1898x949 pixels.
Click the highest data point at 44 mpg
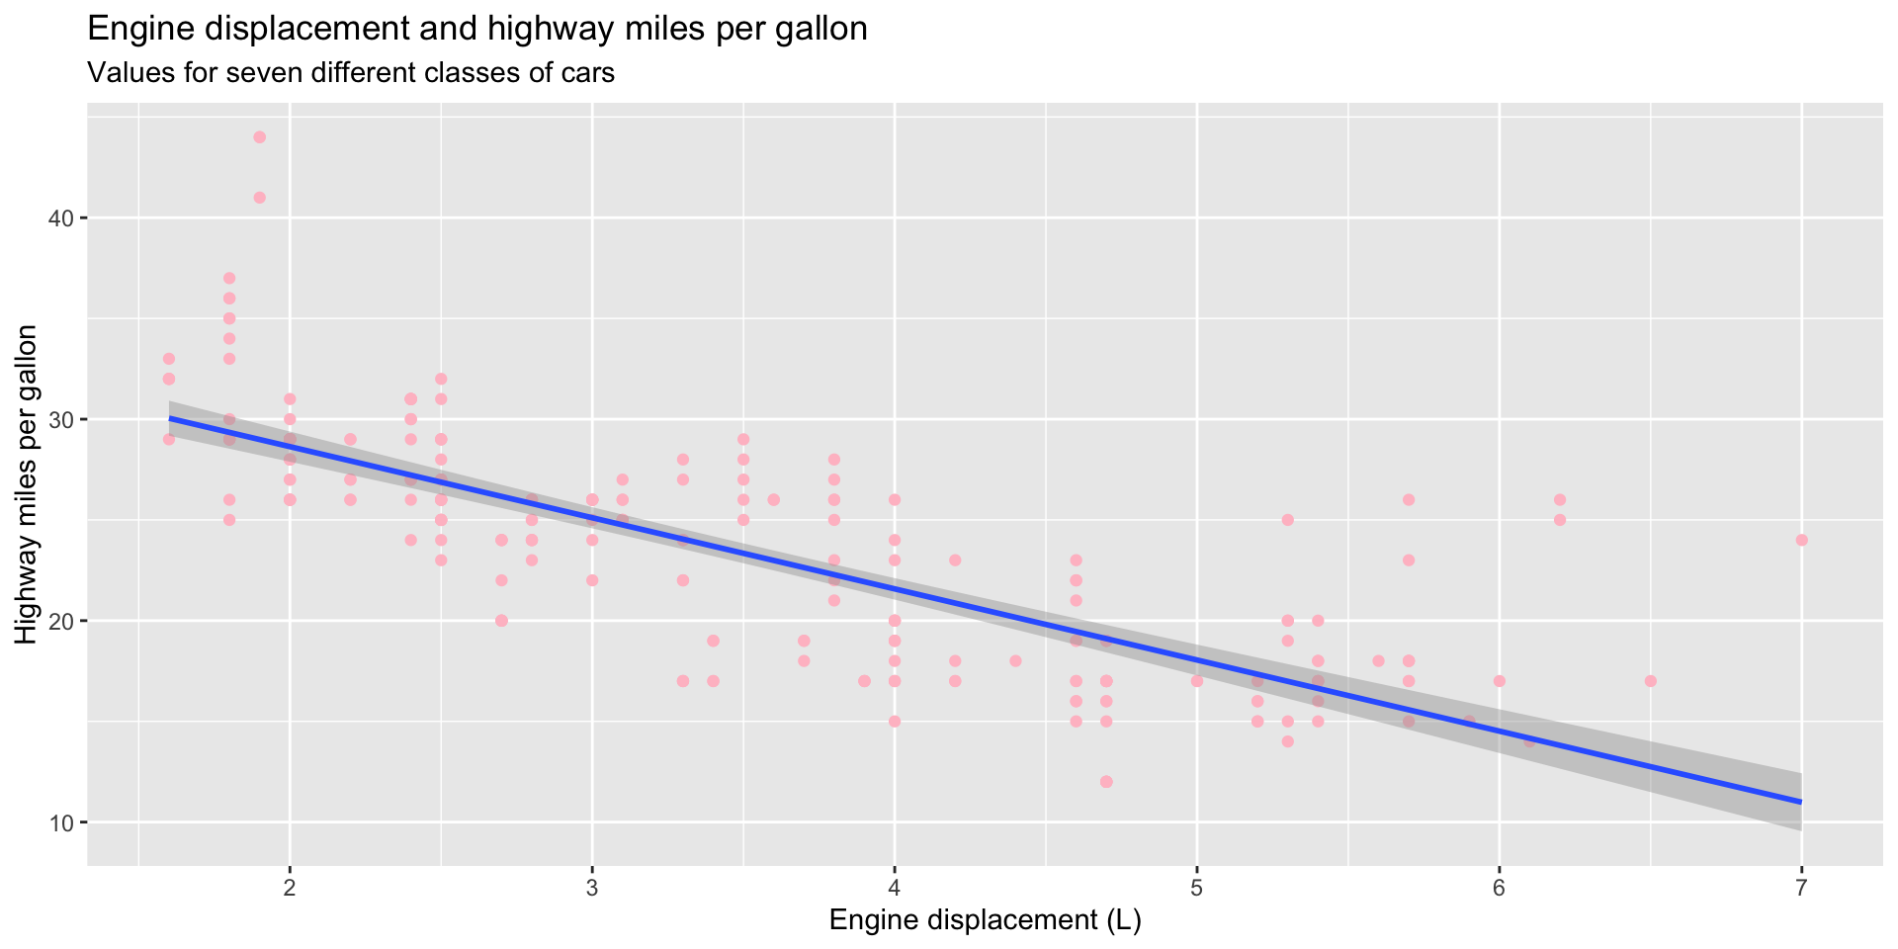[259, 137]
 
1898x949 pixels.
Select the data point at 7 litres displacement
[1801, 540]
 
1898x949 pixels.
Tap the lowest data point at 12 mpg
[1106, 782]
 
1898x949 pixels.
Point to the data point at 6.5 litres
[1650, 681]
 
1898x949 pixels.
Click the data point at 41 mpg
[259, 198]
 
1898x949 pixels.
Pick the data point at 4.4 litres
[1015, 660]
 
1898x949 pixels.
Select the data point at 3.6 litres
[773, 499]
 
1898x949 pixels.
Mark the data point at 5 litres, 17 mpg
[1197, 681]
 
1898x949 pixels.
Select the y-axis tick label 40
[61, 218]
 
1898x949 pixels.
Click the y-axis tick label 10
[61, 822]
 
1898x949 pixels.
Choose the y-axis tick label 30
[61, 420]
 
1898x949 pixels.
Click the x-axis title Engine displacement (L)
[985, 921]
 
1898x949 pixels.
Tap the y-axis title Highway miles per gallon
[27, 484]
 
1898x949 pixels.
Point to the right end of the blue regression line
[1800, 801]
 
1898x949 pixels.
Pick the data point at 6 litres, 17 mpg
[1499, 681]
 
